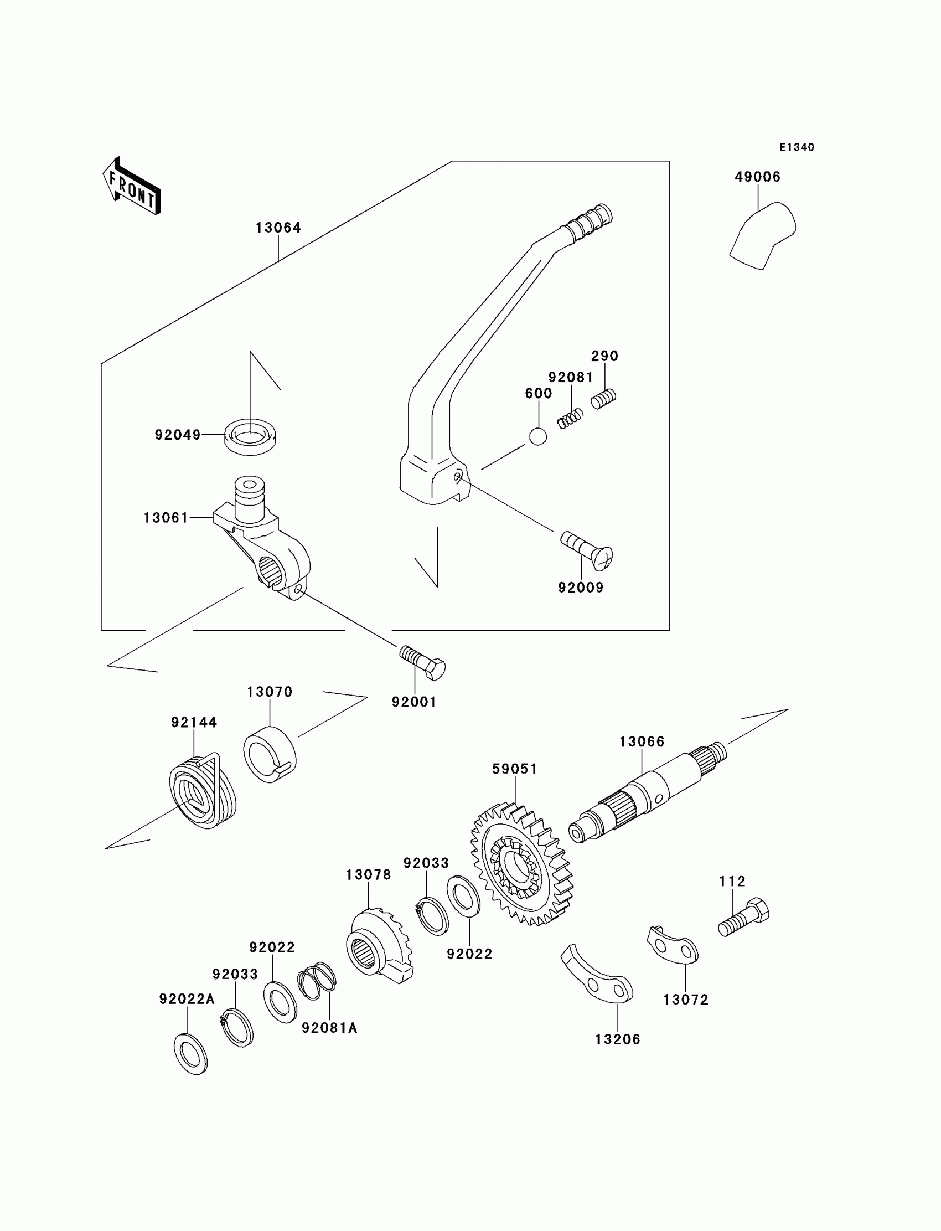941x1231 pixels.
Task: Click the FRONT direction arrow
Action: pos(132,187)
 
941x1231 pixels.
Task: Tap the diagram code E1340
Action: pos(797,147)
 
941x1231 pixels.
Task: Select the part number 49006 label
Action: pos(757,177)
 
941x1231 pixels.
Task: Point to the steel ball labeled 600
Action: pos(537,436)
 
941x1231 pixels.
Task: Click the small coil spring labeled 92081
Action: pos(571,419)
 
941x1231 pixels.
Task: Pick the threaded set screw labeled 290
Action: pos(603,398)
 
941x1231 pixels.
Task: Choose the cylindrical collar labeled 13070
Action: pos(270,754)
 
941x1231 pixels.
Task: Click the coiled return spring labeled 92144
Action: pos(203,790)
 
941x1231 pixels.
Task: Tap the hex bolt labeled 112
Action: pos(744,918)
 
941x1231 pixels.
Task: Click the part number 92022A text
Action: pos(187,999)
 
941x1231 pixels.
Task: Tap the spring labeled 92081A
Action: pos(317,981)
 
